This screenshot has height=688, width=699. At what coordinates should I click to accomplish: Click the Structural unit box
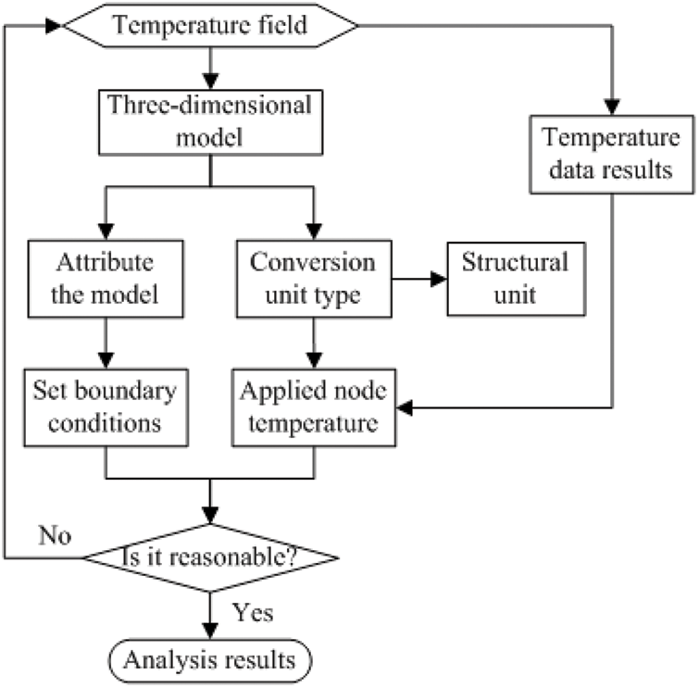click(x=508, y=279)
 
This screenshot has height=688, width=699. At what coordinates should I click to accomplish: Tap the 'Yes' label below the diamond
click(x=252, y=613)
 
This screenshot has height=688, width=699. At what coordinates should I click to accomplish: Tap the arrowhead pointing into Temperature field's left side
click(x=53, y=25)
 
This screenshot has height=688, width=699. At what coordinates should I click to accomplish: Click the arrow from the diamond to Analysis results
click(x=211, y=615)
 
